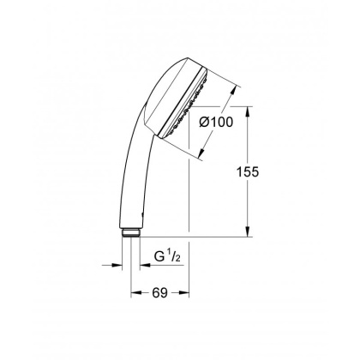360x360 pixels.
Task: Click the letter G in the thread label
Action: [x=158, y=256]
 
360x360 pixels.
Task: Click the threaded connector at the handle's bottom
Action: [x=130, y=231]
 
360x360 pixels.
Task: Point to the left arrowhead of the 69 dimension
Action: [x=134, y=292]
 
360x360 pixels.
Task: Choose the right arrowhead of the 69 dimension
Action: [x=187, y=292]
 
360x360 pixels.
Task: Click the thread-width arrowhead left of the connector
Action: [x=119, y=266]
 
